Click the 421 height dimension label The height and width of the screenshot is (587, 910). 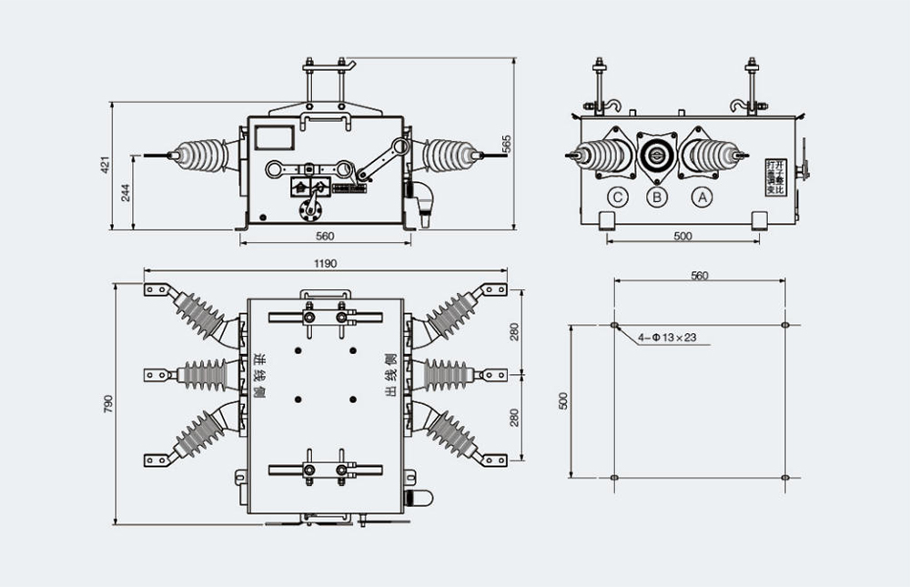pos(106,165)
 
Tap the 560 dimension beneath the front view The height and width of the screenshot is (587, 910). pos(325,237)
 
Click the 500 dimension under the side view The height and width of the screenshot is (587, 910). pos(682,237)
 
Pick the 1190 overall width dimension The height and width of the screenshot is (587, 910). pos(326,264)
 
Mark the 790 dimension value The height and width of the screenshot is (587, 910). pos(107,402)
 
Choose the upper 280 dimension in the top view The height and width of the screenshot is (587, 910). pos(514,331)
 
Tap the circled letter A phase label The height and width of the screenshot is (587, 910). pos(701,196)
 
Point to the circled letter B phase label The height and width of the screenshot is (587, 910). pos(657,196)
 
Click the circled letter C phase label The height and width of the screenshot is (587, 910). pos(618,196)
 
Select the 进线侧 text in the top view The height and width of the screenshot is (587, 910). pos(258,375)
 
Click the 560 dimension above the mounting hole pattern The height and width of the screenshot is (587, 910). pos(699,275)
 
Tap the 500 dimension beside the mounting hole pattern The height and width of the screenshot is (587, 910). pos(562,400)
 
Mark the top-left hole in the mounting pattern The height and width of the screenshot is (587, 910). pos(614,325)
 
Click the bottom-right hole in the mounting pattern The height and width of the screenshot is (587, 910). pos(785,477)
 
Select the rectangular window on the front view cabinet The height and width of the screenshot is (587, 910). pos(273,137)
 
